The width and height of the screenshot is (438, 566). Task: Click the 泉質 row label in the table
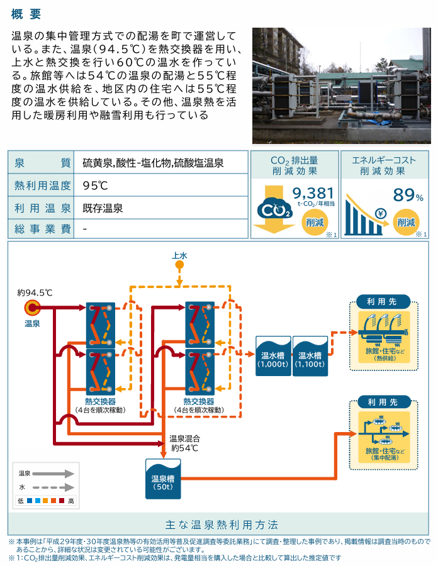coord(41,164)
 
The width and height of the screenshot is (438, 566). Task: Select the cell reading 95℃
coord(96,186)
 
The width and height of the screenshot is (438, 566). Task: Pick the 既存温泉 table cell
coord(103,208)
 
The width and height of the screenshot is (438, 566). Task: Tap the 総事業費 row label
coord(41,229)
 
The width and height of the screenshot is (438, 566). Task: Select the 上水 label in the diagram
coord(179,255)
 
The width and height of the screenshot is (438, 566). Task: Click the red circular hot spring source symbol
coord(32,308)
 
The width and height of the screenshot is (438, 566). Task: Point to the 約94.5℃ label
coord(35,292)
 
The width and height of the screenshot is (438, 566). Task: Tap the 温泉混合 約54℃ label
coord(184,443)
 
